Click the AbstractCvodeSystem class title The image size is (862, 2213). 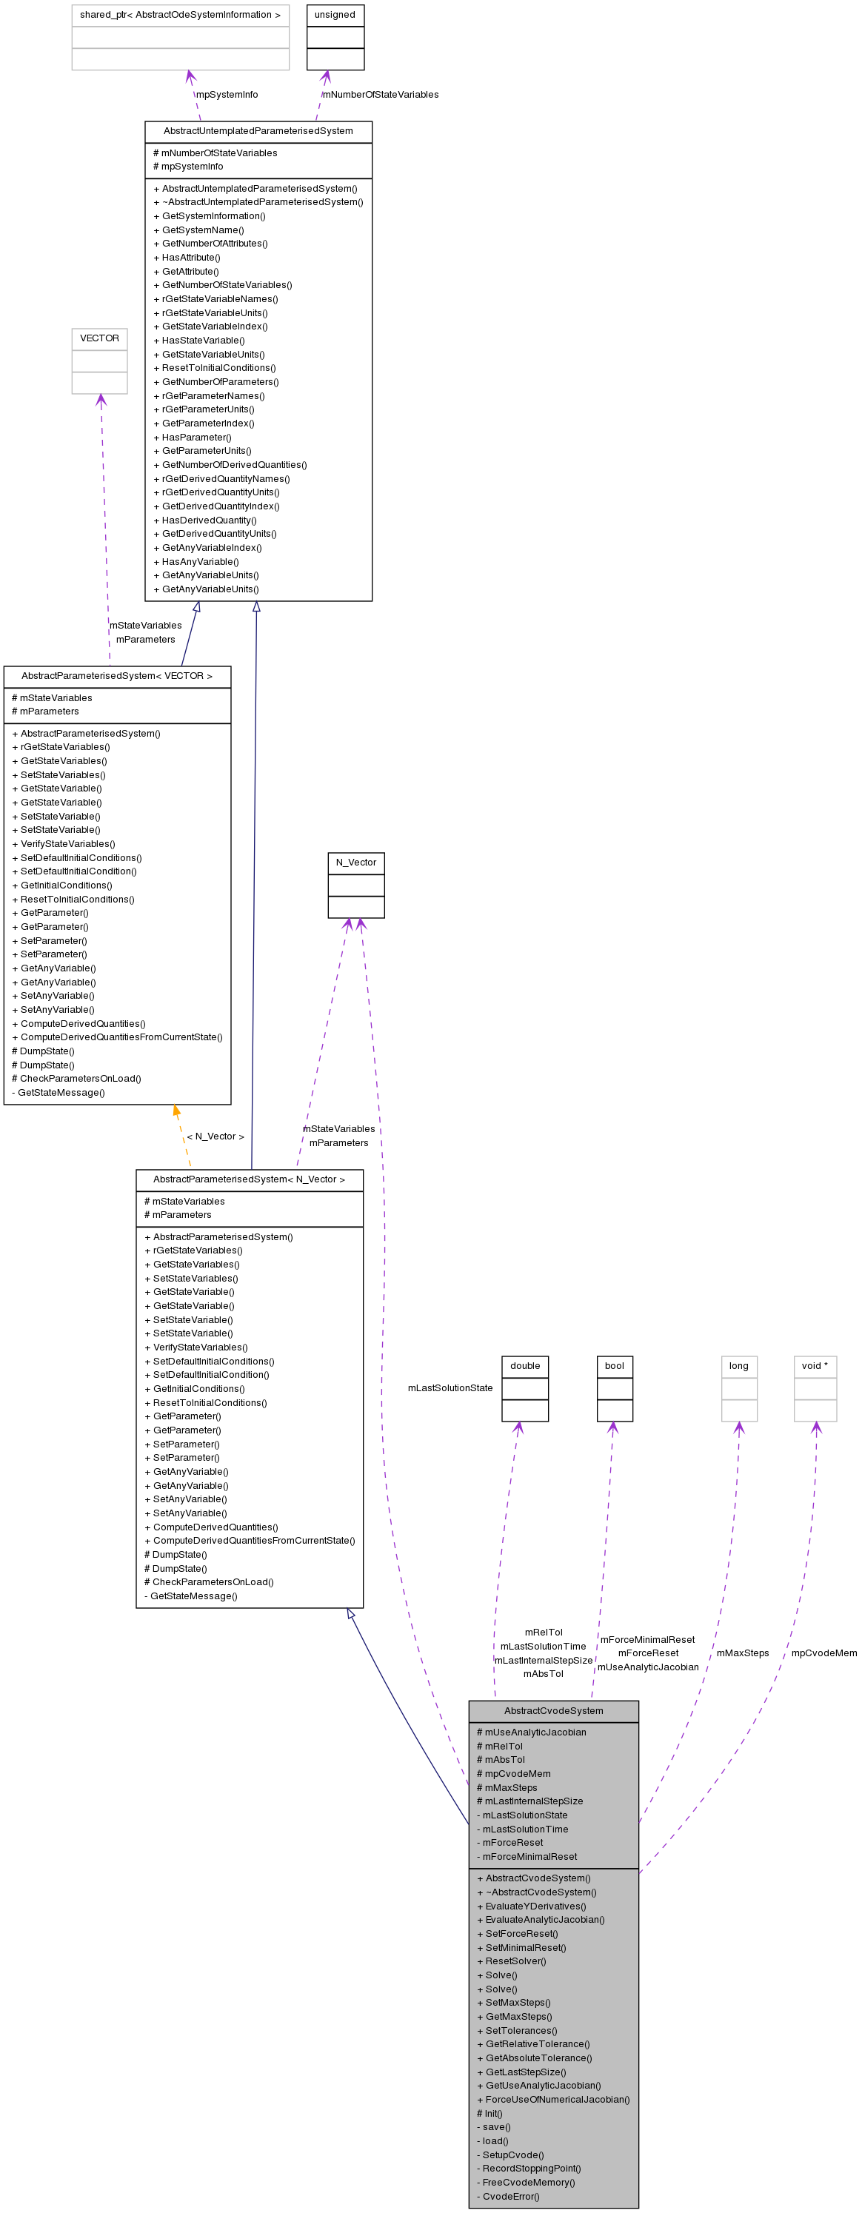coord(553,1710)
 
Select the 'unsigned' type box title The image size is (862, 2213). coord(335,16)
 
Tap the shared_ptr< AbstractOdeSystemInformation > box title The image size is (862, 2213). coord(181,16)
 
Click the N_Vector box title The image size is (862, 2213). coord(355,863)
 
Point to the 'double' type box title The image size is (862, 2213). coord(525,1366)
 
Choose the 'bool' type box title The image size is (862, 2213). coord(615,1366)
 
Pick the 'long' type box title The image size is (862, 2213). coord(739,1366)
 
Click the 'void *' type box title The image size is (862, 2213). coord(815,1366)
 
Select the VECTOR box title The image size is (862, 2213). coord(100,338)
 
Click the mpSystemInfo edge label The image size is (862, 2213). coord(227,95)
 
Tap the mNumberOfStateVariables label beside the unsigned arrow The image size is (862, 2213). coord(381,95)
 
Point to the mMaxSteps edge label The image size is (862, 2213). coord(743,1653)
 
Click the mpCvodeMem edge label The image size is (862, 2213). coord(824,1653)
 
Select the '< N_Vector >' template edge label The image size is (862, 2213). coord(215,1136)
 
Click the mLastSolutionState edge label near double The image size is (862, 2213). coord(450,1388)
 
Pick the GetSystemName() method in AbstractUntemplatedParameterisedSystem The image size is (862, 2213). coord(203,230)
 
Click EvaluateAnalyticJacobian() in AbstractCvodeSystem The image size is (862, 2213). coord(545,1919)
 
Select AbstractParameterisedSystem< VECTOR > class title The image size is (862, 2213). coord(117,676)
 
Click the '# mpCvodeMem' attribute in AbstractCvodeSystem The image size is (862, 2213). coord(518,1773)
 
